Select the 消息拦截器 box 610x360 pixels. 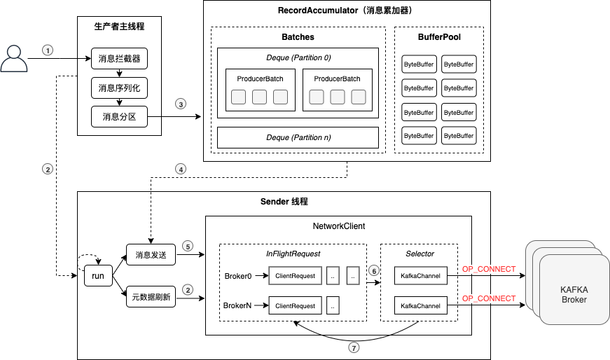pyautogui.click(x=119, y=59)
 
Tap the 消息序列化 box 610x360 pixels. pyautogui.click(x=119, y=88)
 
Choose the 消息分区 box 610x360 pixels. pyautogui.click(x=119, y=116)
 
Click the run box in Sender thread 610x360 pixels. pyautogui.click(x=98, y=276)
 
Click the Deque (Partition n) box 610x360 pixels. pyautogui.click(x=298, y=137)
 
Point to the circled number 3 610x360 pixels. pyautogui.click(x=181, y=104)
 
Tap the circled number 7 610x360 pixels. pyautogui.click(x=353, y=346)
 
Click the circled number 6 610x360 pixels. pyautogui.click(x=373, y=270)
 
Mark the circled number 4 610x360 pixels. pyautogui.click(x=181, y=169)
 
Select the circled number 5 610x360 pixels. pyautogui.click(x=187, y=246)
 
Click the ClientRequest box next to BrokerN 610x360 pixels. pyautogui.click(x=296, y=306)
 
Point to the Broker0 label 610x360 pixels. pyautogui.click(x=238, y=275)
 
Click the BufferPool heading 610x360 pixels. pyautogui.click(x=439, y=37)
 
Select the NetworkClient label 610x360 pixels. pyautogui.click(x=338, y=226)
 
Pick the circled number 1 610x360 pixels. pyautogui.click(x=48, y=50)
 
